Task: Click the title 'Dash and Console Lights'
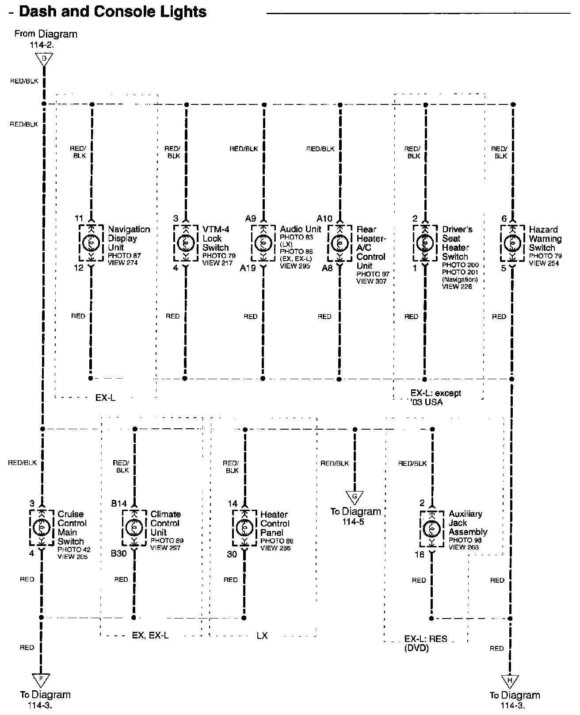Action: tap(113, 12)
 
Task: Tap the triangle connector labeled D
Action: tap(44, 60)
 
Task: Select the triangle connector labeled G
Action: tap(355, 497)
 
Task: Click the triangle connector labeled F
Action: tap(41, 680)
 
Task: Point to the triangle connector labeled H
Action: tap(510, 681)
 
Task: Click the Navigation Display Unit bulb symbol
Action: tap(91, 243)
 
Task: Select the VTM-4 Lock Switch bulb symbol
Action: tap(186, 243)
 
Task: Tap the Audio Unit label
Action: tap(301, 229)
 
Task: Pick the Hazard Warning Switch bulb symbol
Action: tap(512, 243)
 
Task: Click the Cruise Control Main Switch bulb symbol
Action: tap(42, 528)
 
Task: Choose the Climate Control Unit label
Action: tap(165, 523)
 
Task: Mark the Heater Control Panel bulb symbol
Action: tap(245, 528)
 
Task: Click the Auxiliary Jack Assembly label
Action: tap(468, 523)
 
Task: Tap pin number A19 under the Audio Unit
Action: tap(248, 268)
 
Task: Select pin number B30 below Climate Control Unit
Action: tap(119, 554)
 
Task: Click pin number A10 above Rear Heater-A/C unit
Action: tap(324, 219)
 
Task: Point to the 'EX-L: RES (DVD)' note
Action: tap(425, 643)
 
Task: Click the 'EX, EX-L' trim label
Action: tap(150, 635)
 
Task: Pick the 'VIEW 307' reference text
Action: tap(371, 281)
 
